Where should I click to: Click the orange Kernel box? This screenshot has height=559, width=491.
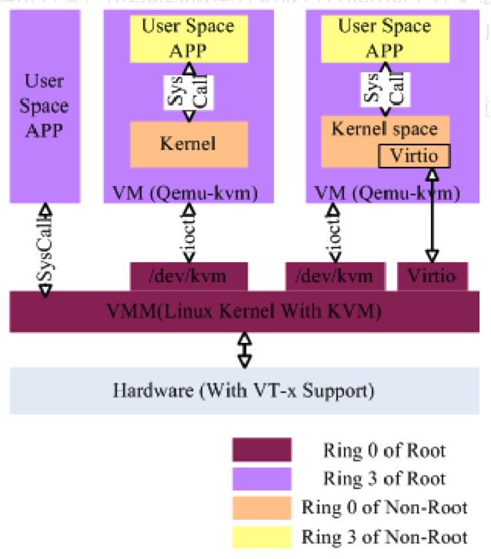point(189,144)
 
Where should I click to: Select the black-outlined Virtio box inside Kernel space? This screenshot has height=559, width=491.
point(414,155)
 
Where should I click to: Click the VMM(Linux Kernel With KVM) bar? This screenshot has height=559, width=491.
point(245,311)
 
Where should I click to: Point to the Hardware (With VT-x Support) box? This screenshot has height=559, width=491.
point(245,390)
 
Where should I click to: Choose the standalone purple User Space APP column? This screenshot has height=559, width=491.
point(45,105)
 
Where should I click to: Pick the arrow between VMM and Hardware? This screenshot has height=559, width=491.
point(245,350)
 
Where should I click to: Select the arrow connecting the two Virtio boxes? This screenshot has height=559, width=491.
point(431,215)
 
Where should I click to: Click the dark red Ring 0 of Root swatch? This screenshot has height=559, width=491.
point(262,450)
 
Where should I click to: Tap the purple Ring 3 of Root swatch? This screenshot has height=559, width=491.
point(262,478)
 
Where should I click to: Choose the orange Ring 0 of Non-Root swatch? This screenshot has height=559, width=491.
point(262,507)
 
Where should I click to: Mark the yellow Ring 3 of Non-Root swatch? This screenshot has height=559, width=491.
point(262,536)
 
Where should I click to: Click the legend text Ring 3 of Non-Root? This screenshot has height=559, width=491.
point(385,536)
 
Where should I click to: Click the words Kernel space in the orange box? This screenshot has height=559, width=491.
point(384,128)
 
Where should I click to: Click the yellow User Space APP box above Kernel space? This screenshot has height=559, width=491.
point(384,38)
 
